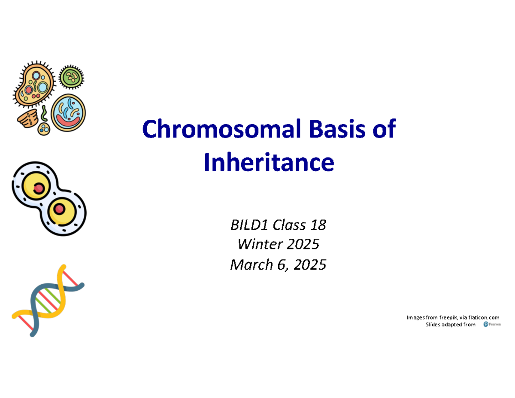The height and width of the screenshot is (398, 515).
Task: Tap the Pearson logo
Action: pos(492,324)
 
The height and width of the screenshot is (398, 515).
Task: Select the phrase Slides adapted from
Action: pos(450,325)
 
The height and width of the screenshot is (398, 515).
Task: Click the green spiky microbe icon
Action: pos(71,78)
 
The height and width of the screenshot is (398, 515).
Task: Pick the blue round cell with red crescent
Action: pos(68,112)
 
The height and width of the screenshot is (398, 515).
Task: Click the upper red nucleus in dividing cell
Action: pos(39,188)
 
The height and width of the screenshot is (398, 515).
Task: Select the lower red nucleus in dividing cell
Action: pos(59,210)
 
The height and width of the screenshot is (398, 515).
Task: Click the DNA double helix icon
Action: pos(48,301)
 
